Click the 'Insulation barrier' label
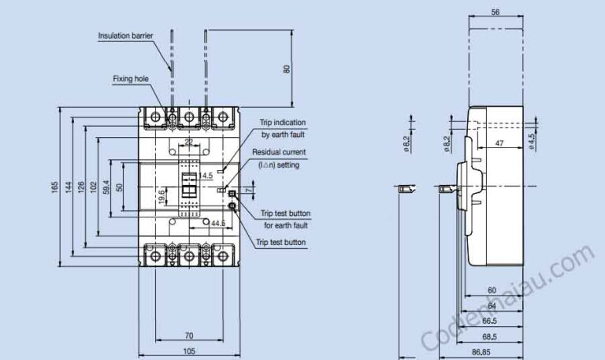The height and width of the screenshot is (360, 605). tap(125, 35)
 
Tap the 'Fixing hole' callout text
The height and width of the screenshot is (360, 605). tap(131, 79)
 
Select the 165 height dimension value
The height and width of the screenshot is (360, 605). tap(54, 187)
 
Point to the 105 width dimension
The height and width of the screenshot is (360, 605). tap(189, 351)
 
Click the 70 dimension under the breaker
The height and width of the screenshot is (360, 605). tap(189, 336)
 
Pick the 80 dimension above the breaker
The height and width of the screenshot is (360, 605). tap(286, 69)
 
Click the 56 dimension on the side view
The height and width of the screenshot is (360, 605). tap(496, 12)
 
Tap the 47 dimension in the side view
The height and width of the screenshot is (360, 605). tap(499, 143)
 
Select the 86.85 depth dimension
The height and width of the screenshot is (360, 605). tap(481, 352)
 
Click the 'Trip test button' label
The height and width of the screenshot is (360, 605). tap(281, 243)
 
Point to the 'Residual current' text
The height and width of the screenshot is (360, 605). tap(279, 152)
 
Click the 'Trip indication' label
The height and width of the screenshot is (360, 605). tap(283, 122)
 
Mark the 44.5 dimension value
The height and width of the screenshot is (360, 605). tap(218, 223)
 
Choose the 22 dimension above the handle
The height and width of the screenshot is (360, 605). tap(188, 142)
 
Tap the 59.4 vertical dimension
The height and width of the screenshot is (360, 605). tap(107, 187)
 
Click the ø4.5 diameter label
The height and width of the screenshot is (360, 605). tap(531, 142)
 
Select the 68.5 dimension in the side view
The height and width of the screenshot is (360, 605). tap(489, 337)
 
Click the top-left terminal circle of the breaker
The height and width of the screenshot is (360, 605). tap(155, 117)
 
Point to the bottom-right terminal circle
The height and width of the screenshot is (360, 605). tap(223, 256)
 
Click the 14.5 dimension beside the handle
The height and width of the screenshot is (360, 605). tap(205, 176)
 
